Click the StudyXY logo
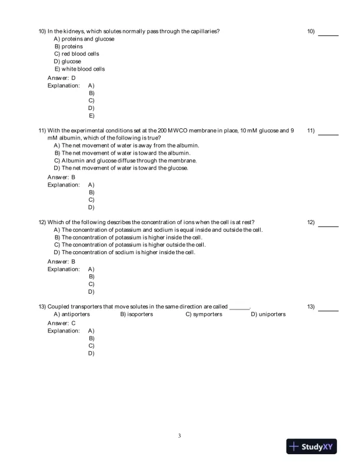312,447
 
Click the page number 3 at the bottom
179,436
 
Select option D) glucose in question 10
67,61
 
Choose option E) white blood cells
79,69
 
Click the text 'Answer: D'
61,78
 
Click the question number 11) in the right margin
311,131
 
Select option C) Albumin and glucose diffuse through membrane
125,160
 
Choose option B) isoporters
136,314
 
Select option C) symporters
204,314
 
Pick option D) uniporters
268,314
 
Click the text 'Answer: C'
61,323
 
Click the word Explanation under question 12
64,269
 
